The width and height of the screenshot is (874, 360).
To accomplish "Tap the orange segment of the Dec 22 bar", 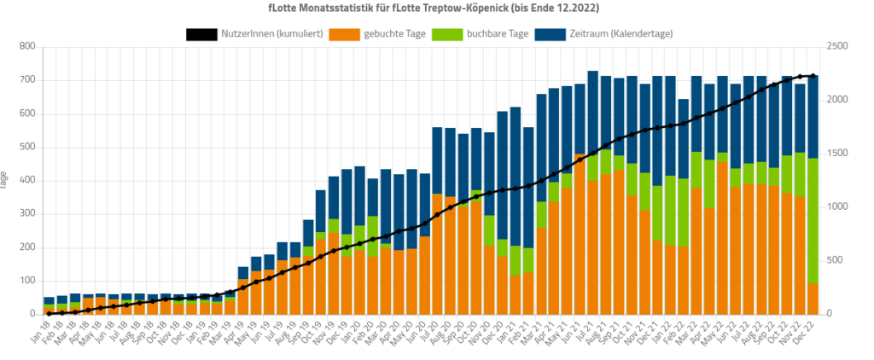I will tap(813, 299).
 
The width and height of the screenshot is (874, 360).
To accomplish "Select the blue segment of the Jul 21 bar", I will tap(592, 111).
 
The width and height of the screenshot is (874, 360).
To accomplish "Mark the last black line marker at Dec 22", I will tap(813, 76).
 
